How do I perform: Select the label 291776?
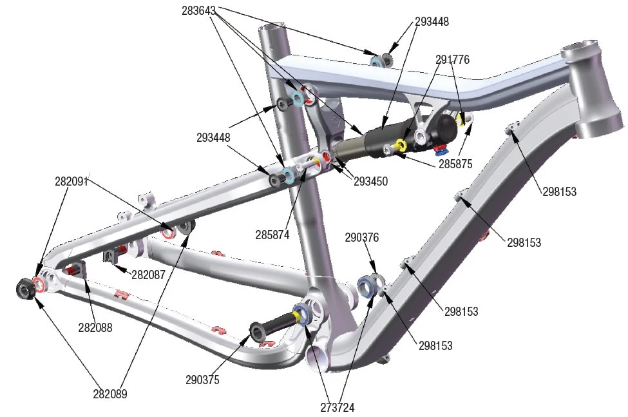(x=453, y=60)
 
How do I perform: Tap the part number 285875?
(x=456, y=164)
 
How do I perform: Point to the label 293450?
(x=371, y=182)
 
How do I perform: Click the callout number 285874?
(x=272, y=235)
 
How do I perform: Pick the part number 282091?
(x=71, y=182)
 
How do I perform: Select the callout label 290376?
(x=361, y=238)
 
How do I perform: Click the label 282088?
(x=95, y=327)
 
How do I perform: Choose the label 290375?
(x=202, y=380)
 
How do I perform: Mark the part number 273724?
(x=338, y=407)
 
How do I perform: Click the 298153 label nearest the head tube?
(x=558, y=191)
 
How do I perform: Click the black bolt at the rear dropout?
(x=25, y=288)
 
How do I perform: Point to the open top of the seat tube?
(x=271, y=29)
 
